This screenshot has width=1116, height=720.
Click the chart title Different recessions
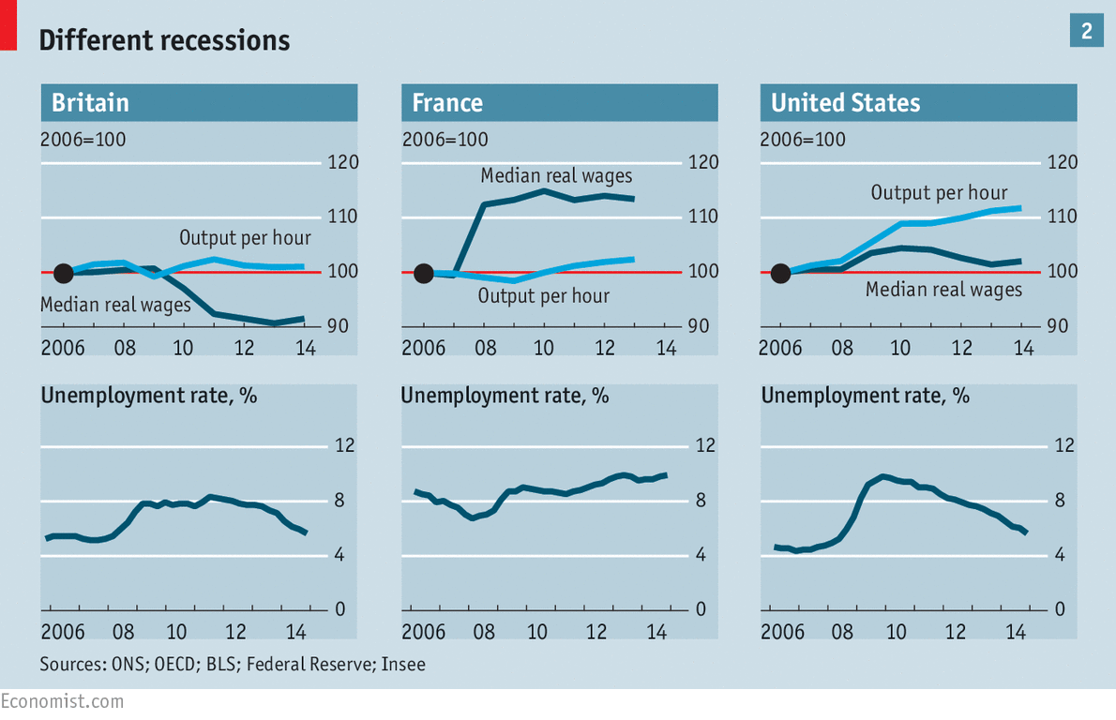[164, 40]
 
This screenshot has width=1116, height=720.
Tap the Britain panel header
[90, 102]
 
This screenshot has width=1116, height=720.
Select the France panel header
[447, 102]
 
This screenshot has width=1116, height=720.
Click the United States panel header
[845, 102]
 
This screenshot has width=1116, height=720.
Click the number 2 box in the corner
[1086, 31]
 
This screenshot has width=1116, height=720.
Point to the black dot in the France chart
[423, 274]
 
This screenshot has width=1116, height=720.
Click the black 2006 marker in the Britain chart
[63, 274]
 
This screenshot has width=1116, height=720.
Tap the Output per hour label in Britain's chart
[245, 237]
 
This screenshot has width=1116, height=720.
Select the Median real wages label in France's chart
[556, 176]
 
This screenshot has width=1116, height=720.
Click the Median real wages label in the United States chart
[943, 290]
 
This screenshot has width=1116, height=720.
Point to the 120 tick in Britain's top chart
[344, 163]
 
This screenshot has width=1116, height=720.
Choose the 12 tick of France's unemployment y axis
[704, 445]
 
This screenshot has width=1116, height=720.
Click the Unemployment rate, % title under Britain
[149, 395]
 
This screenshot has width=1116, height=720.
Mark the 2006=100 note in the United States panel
[803, 140]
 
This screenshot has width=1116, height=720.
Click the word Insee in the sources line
[404, 665]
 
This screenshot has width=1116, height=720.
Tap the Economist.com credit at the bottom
[62, 700]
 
